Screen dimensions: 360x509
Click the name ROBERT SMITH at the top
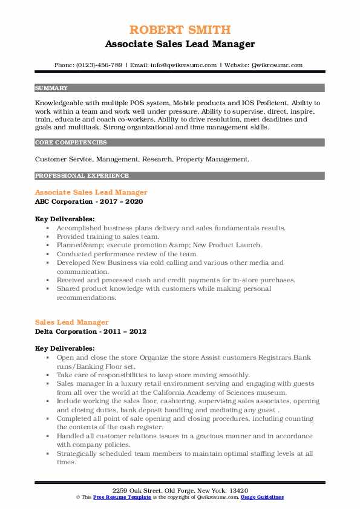point(180,30)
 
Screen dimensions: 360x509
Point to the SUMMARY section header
point(51,88)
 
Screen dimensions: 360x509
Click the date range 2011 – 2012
point(126,331)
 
